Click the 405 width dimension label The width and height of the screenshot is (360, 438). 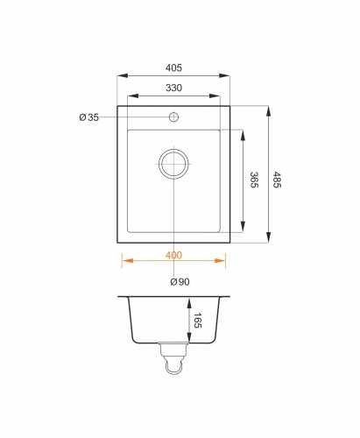173,67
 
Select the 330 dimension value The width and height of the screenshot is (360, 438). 173,88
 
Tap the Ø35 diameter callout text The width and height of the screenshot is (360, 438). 89,117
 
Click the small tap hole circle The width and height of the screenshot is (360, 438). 173,117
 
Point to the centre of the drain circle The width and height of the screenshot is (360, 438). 173,164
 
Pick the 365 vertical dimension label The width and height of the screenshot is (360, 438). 254,180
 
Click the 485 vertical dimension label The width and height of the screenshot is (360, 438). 277,180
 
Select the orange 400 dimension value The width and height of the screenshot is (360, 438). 173,255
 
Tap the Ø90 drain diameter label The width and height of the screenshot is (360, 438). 180,282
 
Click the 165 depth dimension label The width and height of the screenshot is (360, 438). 198,321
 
